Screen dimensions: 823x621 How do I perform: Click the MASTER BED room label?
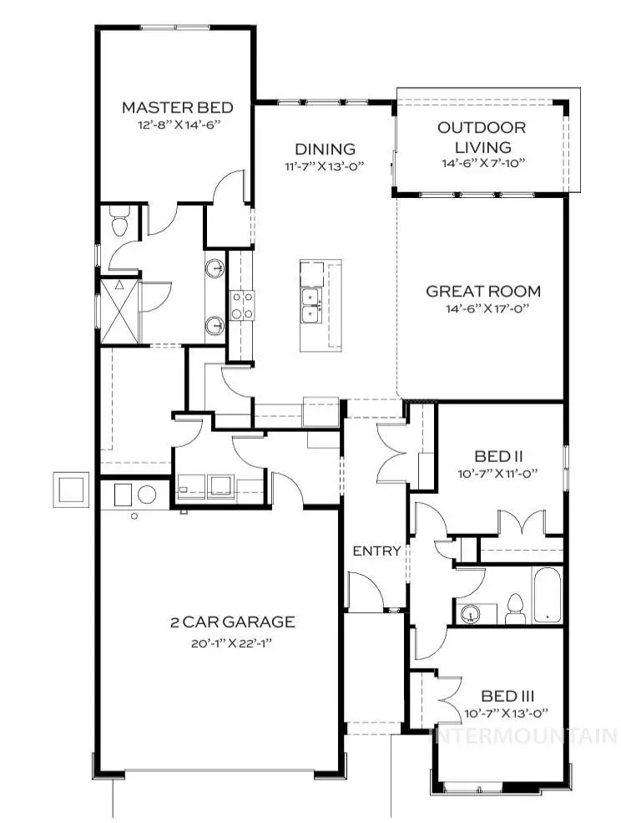click(176, 107)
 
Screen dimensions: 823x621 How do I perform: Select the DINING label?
click(324, 150)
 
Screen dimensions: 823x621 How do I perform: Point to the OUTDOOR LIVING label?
click(482, 138)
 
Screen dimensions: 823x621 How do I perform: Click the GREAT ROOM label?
click(482, 292)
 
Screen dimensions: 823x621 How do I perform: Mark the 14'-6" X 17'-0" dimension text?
click(482, 308)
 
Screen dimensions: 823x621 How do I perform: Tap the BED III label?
click(507, 695)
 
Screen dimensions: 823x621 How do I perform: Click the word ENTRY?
click(376, 551)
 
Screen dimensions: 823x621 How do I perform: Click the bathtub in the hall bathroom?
click(548, 596)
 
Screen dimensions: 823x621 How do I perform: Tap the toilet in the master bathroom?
click(118, 221)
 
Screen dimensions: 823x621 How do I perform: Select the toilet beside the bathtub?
click(514, 608)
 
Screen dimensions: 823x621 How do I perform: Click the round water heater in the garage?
click(147, 494)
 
